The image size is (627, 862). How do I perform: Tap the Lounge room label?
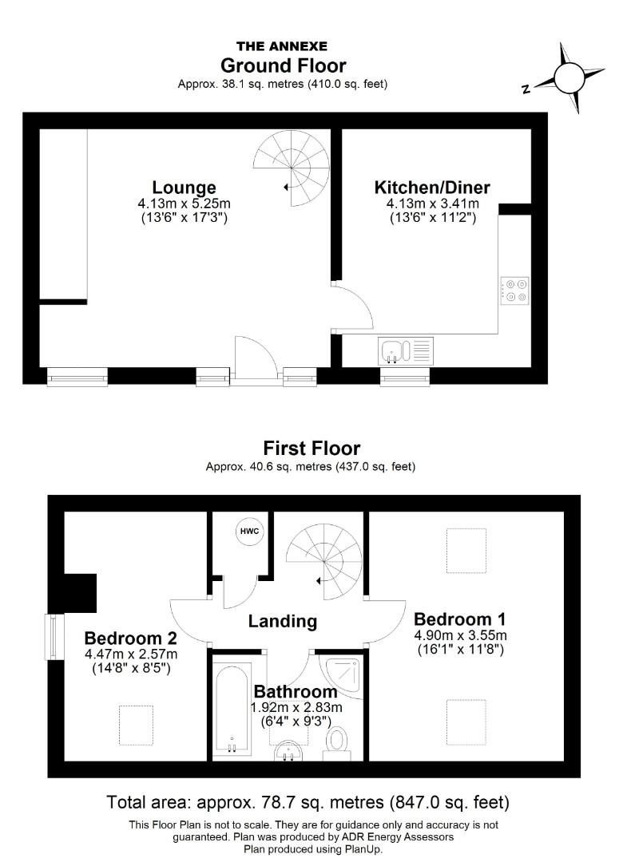point(185,188)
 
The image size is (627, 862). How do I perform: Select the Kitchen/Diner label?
point(432,188)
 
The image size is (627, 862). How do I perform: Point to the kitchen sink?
point(392,350)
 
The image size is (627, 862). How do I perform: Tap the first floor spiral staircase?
point(324,560)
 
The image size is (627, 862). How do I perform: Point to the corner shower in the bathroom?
point(343,672)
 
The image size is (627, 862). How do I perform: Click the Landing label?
point(282,621)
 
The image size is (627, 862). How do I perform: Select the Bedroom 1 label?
point(459,619)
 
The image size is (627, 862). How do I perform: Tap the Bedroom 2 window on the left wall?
point(54,637)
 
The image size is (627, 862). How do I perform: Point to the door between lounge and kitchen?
point(351,306)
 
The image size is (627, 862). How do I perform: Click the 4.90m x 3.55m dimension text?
point(460,635)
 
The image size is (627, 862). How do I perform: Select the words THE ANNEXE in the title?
point(282,46)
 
